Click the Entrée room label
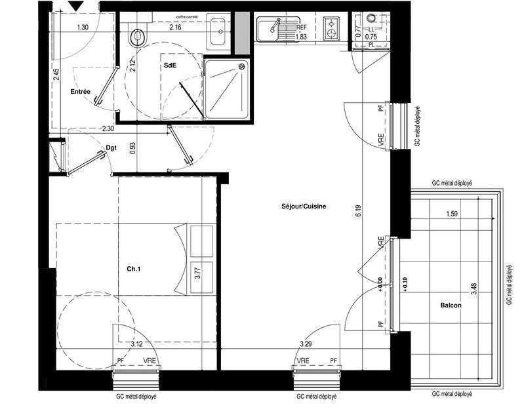click(80, 92)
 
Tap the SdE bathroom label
click(170, 66)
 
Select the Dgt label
click(111, 148)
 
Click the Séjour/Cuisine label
click(300, 206)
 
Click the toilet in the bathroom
click(138, 36)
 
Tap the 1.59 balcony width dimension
click(452, 214)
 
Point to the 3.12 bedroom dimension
click(136, 344)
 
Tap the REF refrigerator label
click(301, 28)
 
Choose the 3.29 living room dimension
click(306, 344)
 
